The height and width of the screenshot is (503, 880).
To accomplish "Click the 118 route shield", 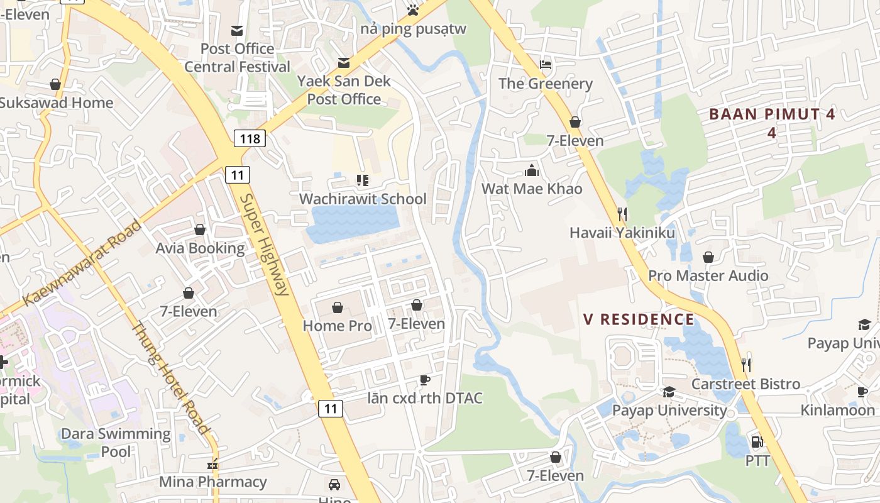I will pos(250,138).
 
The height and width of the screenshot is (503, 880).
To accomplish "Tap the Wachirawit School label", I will pos(363,199).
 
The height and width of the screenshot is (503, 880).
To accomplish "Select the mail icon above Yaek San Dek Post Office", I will pos(344,63).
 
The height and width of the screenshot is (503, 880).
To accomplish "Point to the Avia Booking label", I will pos(201,248).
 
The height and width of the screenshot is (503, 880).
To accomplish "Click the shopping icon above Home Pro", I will pos(338,307).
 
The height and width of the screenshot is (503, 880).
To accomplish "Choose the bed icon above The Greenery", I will pos(546,65).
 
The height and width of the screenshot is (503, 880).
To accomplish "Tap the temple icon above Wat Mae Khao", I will pos(532,170).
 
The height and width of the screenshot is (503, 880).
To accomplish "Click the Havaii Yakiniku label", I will pos(622,233).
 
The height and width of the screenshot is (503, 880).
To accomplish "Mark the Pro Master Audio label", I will pos(708,276).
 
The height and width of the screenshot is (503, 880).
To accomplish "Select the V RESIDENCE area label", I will pos(639,319).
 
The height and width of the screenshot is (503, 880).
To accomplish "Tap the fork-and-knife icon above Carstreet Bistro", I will pos(746,365).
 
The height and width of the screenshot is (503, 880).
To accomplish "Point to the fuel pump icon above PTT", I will pos(757,442).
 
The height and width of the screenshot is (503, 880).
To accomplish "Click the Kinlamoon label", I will pos(837,411).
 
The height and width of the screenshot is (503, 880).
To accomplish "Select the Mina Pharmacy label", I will pos(213,482).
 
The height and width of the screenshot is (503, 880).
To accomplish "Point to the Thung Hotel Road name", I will pos(170,377).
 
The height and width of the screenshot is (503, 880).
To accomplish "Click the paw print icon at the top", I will pos(412,9).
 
